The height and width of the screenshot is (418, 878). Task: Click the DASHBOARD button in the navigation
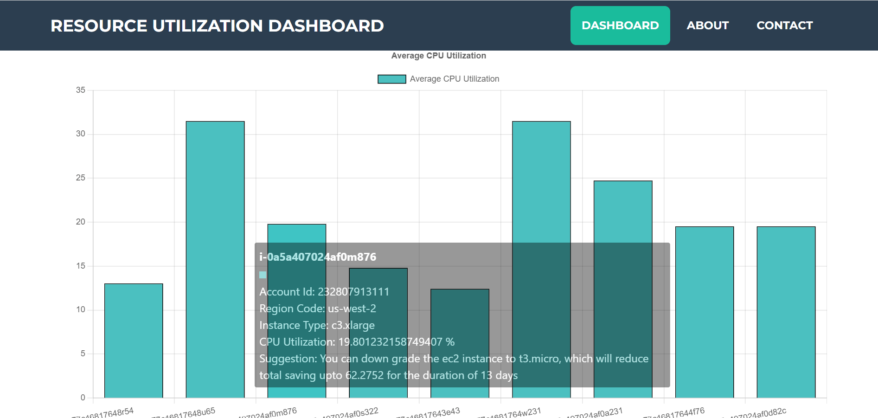(620, 26)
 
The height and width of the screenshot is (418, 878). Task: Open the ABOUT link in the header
(707, 26)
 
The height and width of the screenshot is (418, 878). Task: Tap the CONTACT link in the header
(784, 26)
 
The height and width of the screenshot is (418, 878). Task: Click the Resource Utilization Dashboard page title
(217, 26)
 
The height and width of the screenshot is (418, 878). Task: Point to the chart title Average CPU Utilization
(438, 56)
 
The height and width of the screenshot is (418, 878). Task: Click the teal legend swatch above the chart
(391, 79)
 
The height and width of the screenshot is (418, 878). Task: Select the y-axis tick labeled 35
(81, 90)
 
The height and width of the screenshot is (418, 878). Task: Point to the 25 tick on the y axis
(81, 178)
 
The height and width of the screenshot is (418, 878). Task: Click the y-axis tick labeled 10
(81, 309)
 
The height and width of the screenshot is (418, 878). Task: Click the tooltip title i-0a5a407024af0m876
(318, 257)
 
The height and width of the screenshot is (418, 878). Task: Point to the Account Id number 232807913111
(353, 292)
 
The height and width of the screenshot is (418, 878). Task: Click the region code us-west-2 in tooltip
(352, 309)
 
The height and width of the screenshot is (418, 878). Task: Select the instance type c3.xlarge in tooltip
(352, 325)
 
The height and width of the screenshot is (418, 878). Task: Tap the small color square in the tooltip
(263, 275)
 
